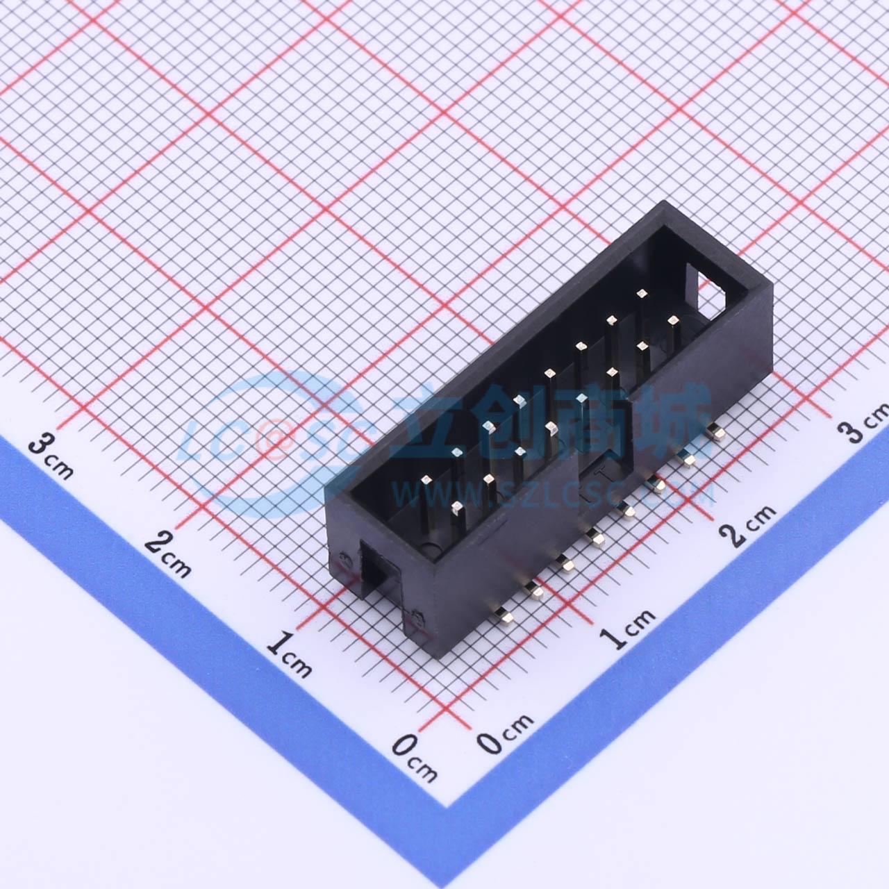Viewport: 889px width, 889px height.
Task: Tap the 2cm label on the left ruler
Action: click(x=167, y=554)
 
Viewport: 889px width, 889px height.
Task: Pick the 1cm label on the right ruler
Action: click(x=626, y=629)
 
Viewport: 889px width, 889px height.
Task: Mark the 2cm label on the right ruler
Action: click(x=747, y=525)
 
